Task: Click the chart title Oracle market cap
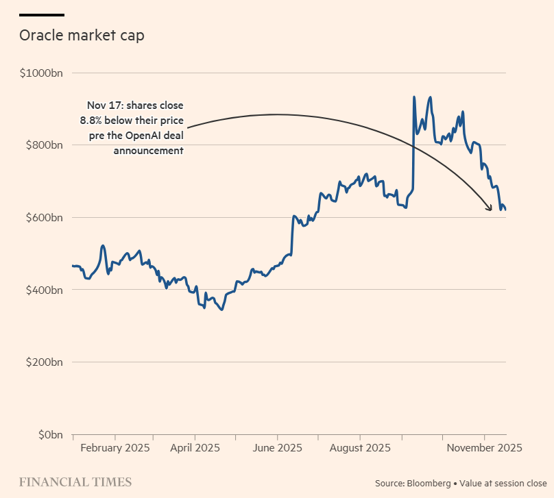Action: tap(82, 36)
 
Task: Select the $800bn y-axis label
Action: tap(44, 145)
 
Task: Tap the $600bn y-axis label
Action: tap(44, 218)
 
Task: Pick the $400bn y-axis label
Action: tap(44, 290)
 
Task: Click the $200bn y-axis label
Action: tap(44, 362)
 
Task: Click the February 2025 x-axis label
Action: tap(115, 448)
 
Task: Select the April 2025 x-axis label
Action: tap(195, 448)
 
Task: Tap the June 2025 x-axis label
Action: tap(278, 448)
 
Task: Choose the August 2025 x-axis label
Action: tap(360, 448)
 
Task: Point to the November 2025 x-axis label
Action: tap(484, 448)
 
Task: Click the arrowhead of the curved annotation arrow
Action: tap(491, 208)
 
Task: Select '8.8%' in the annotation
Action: tap(95, 121)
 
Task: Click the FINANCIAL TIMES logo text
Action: tap(75, 482)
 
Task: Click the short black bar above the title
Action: tap(42, 15)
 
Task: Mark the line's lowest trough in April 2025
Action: tap(221, 310)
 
